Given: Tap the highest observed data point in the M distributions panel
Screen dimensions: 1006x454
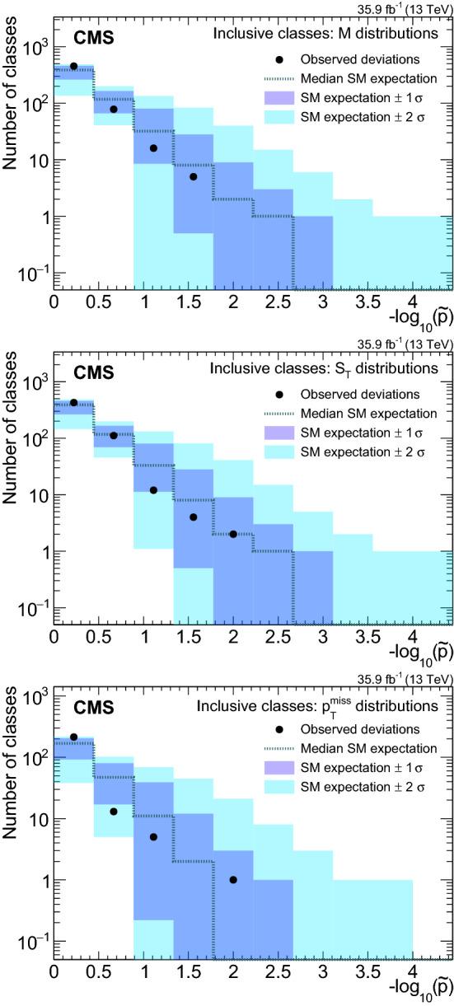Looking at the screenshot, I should pos(73,66).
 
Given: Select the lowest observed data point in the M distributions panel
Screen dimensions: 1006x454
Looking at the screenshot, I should pos(193,176).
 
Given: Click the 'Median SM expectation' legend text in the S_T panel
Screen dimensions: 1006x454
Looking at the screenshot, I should pos(368,413).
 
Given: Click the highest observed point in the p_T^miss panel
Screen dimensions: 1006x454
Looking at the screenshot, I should pos(73,714).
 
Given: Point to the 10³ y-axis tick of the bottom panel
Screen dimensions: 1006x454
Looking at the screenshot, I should pos(36,676).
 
